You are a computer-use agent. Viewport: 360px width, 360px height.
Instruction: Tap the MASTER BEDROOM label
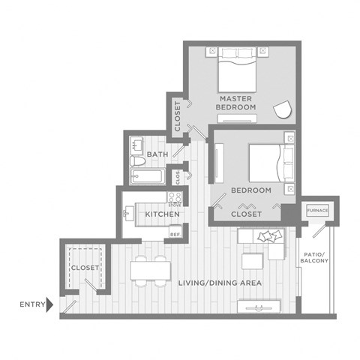pyautogui.click(x=236, y=103)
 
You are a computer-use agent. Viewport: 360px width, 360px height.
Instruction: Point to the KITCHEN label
pyautogui.click(x=162, y=214)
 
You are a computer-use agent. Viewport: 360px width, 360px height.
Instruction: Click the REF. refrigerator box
pyautogui.click(x=175, y=234)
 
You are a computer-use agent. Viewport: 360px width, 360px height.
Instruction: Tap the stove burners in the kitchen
pyautogui.click(x=175, y=196)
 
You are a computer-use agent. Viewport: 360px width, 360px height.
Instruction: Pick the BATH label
pyautogui.click(x=157, y=154)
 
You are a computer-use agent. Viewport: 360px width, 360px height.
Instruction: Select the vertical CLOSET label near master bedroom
pyautogui.click(x=178, y=116)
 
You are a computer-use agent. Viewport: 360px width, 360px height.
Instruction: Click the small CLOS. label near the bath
pyautogui.click(x=178, y=177)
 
